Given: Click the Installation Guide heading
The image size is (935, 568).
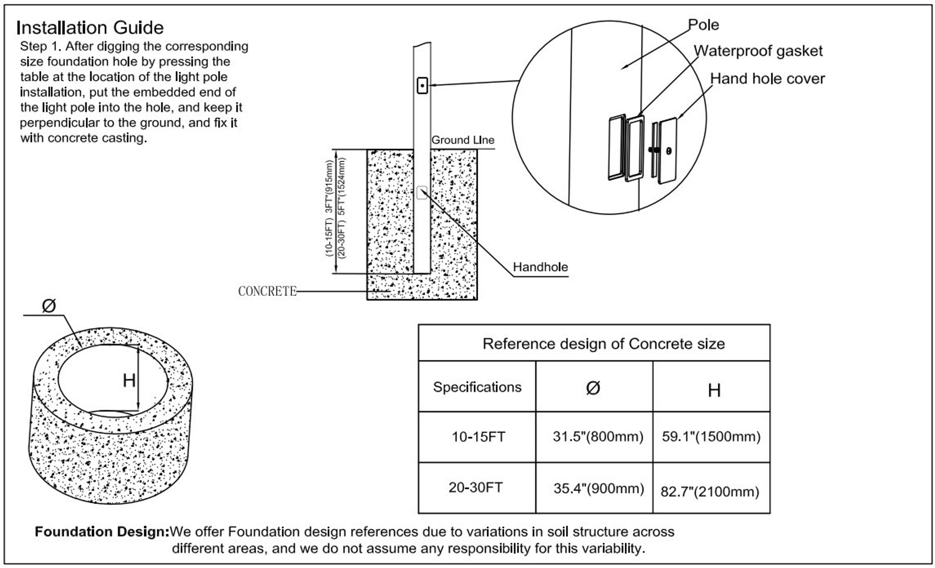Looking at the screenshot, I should point(90,28).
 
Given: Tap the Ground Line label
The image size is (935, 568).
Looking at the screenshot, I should point(463,140).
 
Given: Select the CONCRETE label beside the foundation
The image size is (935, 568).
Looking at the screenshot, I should point(267,291).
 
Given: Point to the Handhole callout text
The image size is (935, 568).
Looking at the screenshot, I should point(540,267).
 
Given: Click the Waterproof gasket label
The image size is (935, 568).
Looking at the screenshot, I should point(758,51).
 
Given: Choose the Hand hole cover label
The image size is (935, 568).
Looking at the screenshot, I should point(767,79).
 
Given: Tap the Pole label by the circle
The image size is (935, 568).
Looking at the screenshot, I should point(703,25).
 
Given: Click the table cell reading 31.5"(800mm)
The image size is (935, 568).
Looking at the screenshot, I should point(598,437).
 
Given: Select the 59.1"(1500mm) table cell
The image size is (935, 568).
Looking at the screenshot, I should point(711,437).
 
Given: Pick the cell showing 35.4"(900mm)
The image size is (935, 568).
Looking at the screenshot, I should point(598,488).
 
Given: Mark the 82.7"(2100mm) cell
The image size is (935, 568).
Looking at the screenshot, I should point(710,492).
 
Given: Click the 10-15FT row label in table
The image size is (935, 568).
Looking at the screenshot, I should point(478,437).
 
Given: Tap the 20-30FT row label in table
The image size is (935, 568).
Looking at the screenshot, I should point(475,488).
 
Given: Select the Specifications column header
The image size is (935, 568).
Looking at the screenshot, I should point(477,387).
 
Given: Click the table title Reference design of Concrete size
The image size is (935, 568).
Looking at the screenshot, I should point(603,344).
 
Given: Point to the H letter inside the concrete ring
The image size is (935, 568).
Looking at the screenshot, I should point(129,381).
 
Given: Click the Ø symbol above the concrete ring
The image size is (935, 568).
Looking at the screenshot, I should point(49,306).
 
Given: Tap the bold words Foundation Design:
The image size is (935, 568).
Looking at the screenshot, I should point(102,531).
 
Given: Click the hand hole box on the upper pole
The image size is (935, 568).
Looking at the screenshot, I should point(422,86).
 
